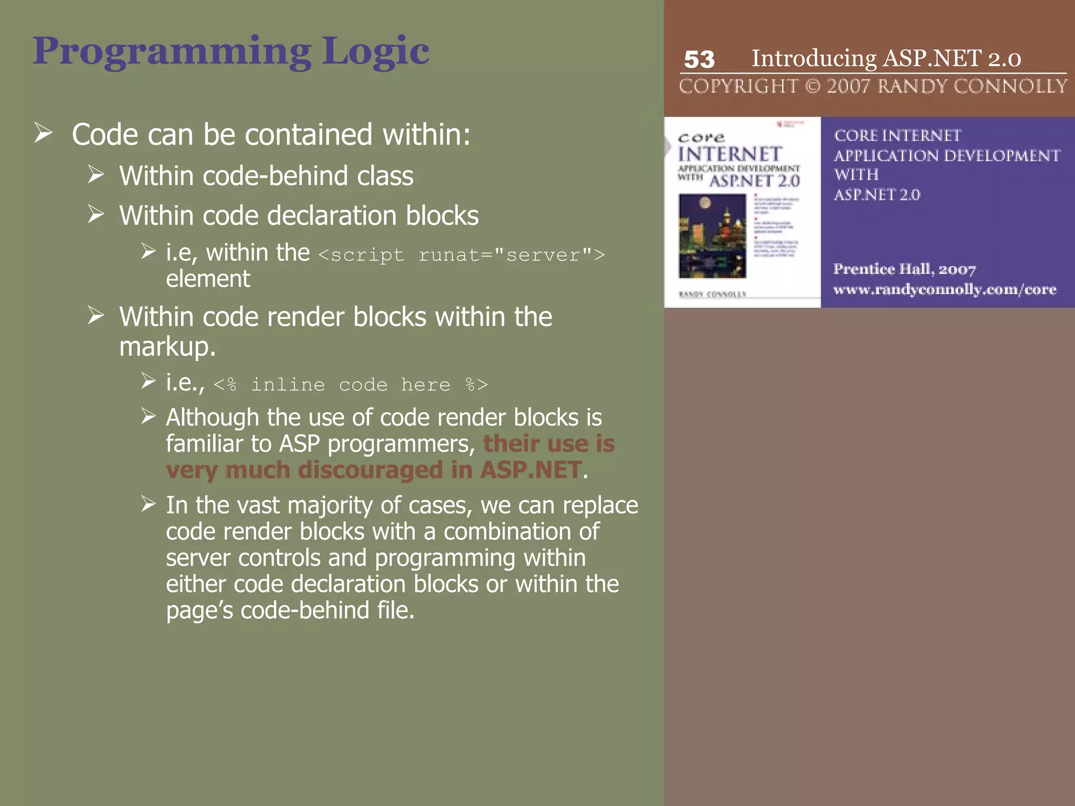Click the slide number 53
tap(699, 59)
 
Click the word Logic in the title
tap(375, 51)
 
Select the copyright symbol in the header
tap(813, 86)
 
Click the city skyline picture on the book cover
tap(712, 236)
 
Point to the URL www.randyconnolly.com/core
tap(944, 290)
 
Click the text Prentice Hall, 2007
tap(904, 269)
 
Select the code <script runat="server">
tap(461, 255)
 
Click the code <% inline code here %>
tap(351, 385)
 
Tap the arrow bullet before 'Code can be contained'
tap(44, 133)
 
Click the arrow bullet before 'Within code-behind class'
tap(96, 174)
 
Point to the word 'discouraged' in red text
tap(370, 470)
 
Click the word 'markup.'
tap(167, 346)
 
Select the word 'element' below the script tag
tap(208, 279)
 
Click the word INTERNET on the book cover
tap(730, 154)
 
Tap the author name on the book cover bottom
tap(712, 294)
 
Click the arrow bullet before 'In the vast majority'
tap(149, 504)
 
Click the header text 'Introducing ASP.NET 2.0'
tap(886, 58)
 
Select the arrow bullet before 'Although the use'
tap(149, 417)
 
